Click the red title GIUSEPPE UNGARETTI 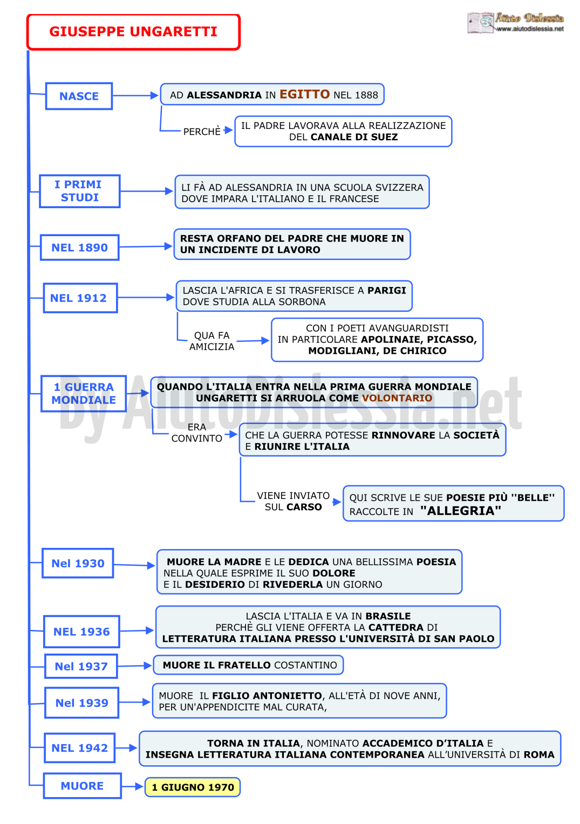pyautogui.click(x=133, y=32)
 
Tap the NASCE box pyautogui.click(x=79, y=96)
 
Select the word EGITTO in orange pyautogui.click(x=304, y=94)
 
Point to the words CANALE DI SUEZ pyautogui.click(x=354, y=137)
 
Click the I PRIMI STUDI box pyautogui.click(x=80, y=191)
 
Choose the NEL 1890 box pyautogui.click(x=79, y=248)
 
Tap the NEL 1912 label pyautogui.click(x=78, y=298)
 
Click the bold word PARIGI pyautogui.click(x=386, y=290)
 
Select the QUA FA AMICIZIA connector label pyautogui.click(x=211, y=341)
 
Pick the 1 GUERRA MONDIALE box pyautogui.click(x=84, y=394)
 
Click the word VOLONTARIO pyautogui.click(x=397, y=397)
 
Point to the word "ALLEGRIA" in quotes pyautogui.click(x=460, y=511)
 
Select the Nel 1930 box pyautogui.click(x=78, y=563)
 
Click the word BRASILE pyautogui.click(x=388, y=616)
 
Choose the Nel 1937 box pyautogui.click(x=81, y=666)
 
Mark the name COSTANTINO pyautogui.click(x=305, y=665)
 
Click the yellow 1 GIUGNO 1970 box pyautogui.click(x=193, y=787)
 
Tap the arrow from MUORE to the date pyautogui.click(x=132, y=787)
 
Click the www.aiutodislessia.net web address pyautogui.click(x=530, y=29)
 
